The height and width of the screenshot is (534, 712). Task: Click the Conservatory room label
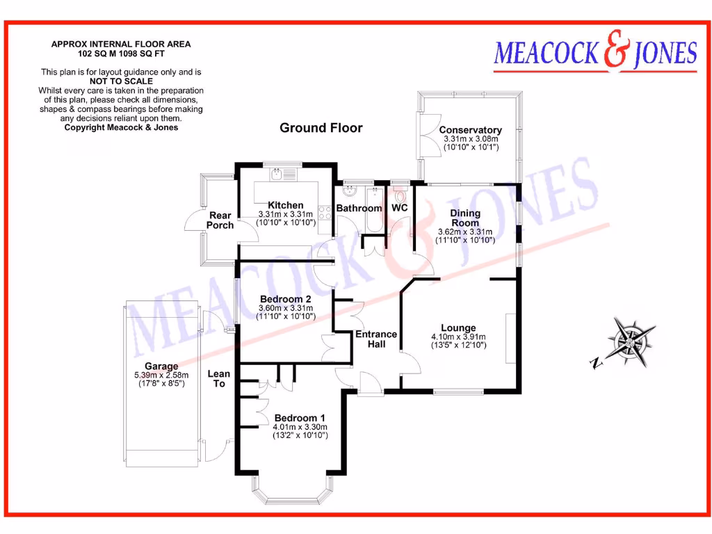(470, 130)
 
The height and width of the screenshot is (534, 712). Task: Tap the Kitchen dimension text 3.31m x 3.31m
(285, 214)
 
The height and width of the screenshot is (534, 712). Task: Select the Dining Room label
(465, 218)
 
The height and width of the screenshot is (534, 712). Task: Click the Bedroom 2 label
(285, 300)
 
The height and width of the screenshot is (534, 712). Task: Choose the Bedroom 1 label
(300, 418)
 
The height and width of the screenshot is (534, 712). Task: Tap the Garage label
(161, 366)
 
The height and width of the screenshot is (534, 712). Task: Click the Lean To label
(219, 378)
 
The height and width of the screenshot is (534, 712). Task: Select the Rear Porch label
(220, 220)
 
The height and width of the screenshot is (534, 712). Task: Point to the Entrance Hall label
(376, 339)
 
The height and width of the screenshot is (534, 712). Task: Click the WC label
(400, 208)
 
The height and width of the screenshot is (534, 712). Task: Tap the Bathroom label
(359, 208)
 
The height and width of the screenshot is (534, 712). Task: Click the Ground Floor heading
(321, 128)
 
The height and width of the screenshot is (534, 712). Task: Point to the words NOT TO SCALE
(121, 81)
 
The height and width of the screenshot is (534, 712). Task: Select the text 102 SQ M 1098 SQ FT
(121, 53)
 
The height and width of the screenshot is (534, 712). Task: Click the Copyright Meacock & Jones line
(121, 127)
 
